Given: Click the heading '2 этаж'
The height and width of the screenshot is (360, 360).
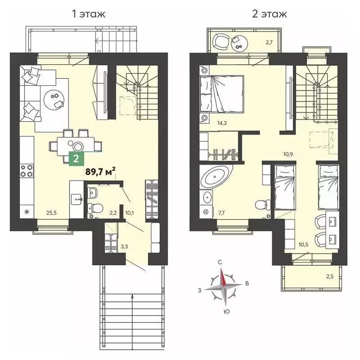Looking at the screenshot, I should pyautogui.click(x=269, y=14).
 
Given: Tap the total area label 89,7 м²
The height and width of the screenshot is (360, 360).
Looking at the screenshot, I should pyautogui.click(x=100, y=172).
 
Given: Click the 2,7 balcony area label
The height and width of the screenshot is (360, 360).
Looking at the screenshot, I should pyautogui.click(x=269, y=43).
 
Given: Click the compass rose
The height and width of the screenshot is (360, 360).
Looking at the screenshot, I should pyautogui.click(x=223, y=287).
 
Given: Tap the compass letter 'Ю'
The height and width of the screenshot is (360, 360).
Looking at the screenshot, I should pyautogui.click(x=226, y=311).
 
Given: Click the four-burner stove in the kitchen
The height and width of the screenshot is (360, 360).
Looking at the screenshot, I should pyautogui.click(x=26, y=172).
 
